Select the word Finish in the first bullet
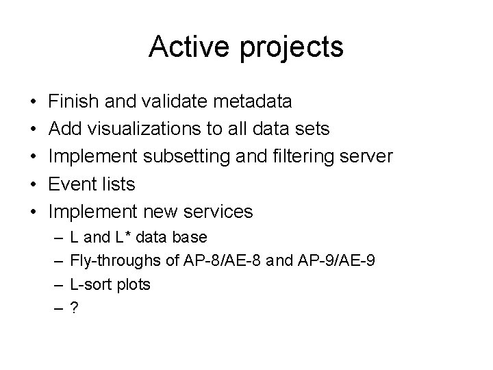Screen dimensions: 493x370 click(x=73, y=101)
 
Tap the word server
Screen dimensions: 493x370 click(x=370, y=157)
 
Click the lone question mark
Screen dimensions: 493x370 click(x=73, y=308)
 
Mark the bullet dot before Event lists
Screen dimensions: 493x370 click(x=33, y=185)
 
